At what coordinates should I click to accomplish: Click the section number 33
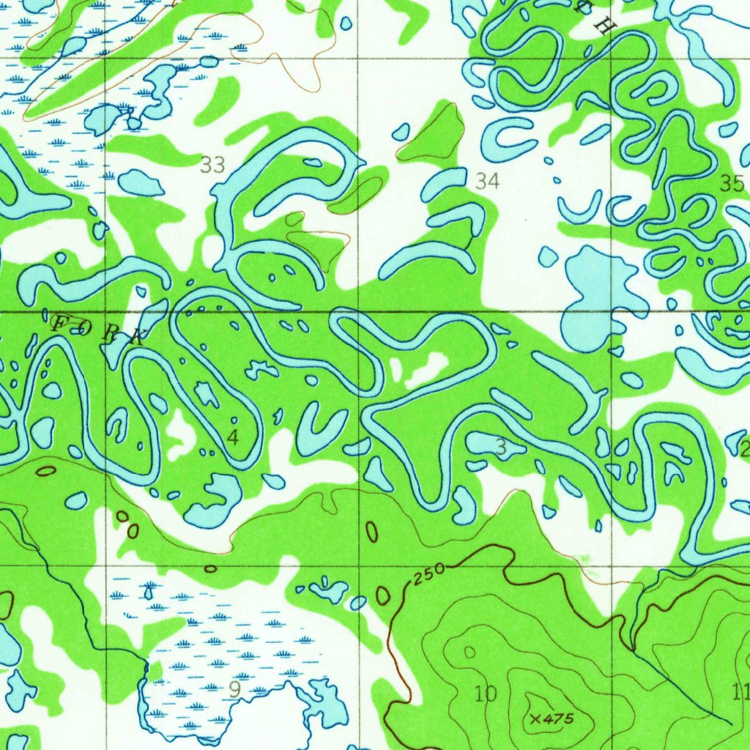coord(212,166)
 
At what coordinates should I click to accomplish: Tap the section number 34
coord(487,180)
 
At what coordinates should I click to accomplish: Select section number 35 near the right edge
coord(731,184)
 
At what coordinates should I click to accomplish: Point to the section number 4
coord(233,438)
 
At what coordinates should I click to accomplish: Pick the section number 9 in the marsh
coord(234,689)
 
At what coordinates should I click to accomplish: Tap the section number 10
coord(486,693)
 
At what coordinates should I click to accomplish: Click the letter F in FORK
coord(59,320)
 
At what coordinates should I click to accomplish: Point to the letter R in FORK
coord(111,333)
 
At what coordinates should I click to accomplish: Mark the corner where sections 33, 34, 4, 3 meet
coord(359,312)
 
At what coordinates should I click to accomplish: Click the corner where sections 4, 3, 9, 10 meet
coord(359,566)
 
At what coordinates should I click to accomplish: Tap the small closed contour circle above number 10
coord(469,652)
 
